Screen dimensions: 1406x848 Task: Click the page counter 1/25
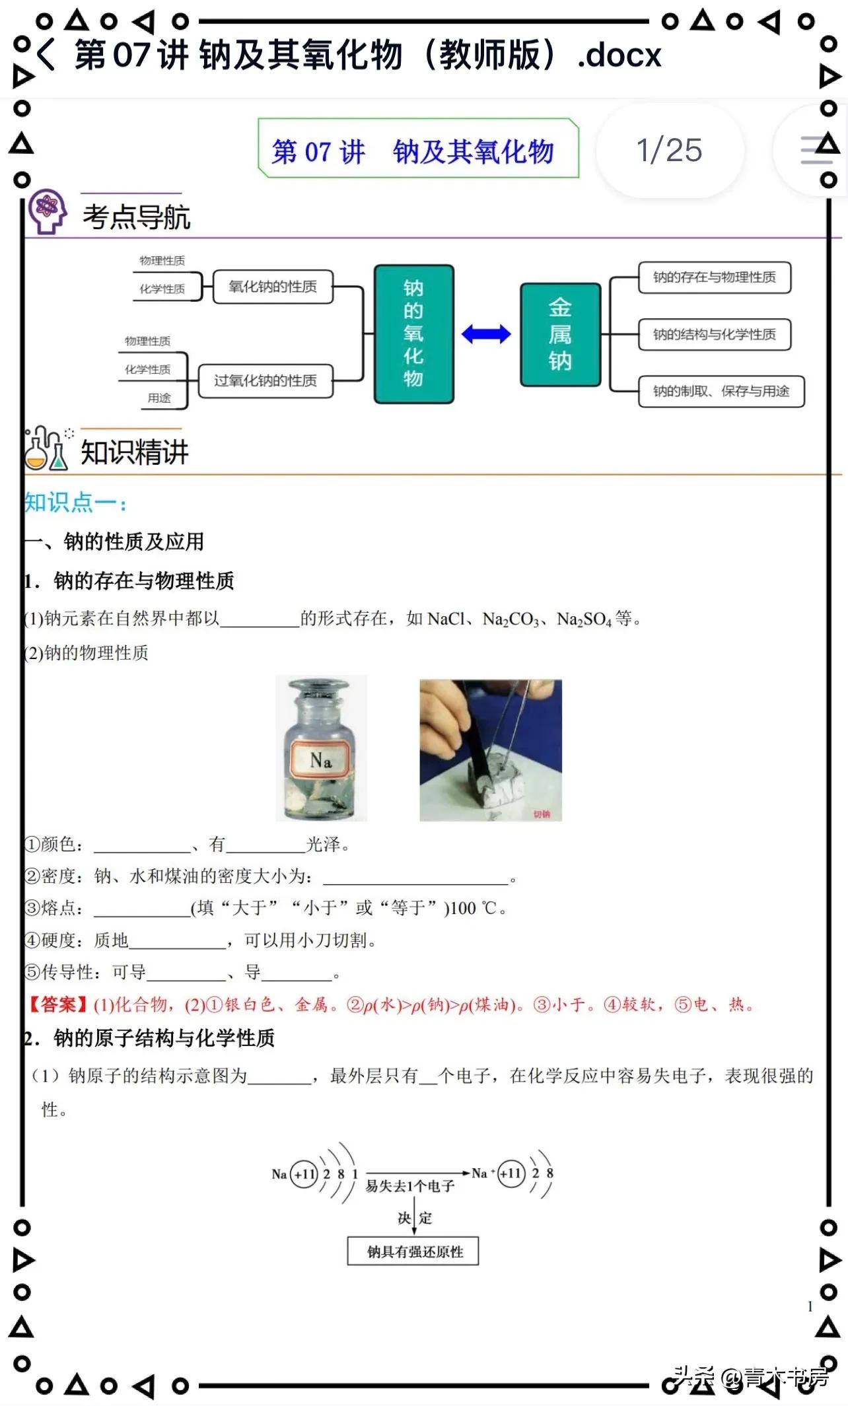[668, 151]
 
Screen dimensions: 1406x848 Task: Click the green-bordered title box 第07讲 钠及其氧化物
[418, 149]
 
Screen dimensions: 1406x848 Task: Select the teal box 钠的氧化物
[413, 334]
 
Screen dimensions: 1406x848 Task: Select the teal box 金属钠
[560, 334]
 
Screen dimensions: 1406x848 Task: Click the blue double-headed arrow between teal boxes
[486, 334]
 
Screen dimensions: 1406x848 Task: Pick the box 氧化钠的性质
[273, 287]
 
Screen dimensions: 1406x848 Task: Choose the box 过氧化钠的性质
[265, 381]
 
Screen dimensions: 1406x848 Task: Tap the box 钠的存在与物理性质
[714, 277]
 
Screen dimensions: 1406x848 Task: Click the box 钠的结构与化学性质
[714, 334]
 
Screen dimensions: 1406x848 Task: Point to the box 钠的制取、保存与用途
[721, 392]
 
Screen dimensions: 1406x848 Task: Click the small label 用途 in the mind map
[159, 398]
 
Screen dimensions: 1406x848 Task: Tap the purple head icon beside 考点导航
[47, 211]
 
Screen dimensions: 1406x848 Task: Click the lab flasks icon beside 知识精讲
[47, 448]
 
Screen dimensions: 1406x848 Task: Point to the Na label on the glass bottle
[321, 760]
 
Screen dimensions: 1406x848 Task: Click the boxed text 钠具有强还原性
[413, 1251]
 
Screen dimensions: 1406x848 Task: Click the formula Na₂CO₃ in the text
[511, 619]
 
